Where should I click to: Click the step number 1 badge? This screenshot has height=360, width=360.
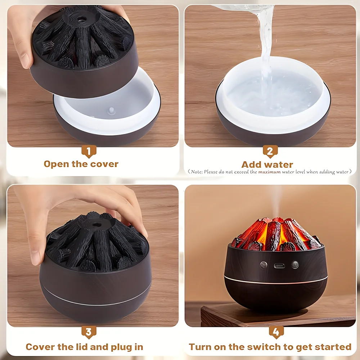[x=89, y=151]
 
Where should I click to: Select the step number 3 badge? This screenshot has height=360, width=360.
[x=89, y=332]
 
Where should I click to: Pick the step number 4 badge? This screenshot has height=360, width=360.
[x=276, y=332]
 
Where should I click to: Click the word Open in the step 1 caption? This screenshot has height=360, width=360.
[x=56, y=164]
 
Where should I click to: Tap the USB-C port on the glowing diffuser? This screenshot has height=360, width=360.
[x=279, y=266]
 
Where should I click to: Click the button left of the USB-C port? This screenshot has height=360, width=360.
[x=264, y=265]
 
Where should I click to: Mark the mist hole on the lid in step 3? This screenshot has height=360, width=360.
[x=96, y=224]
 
